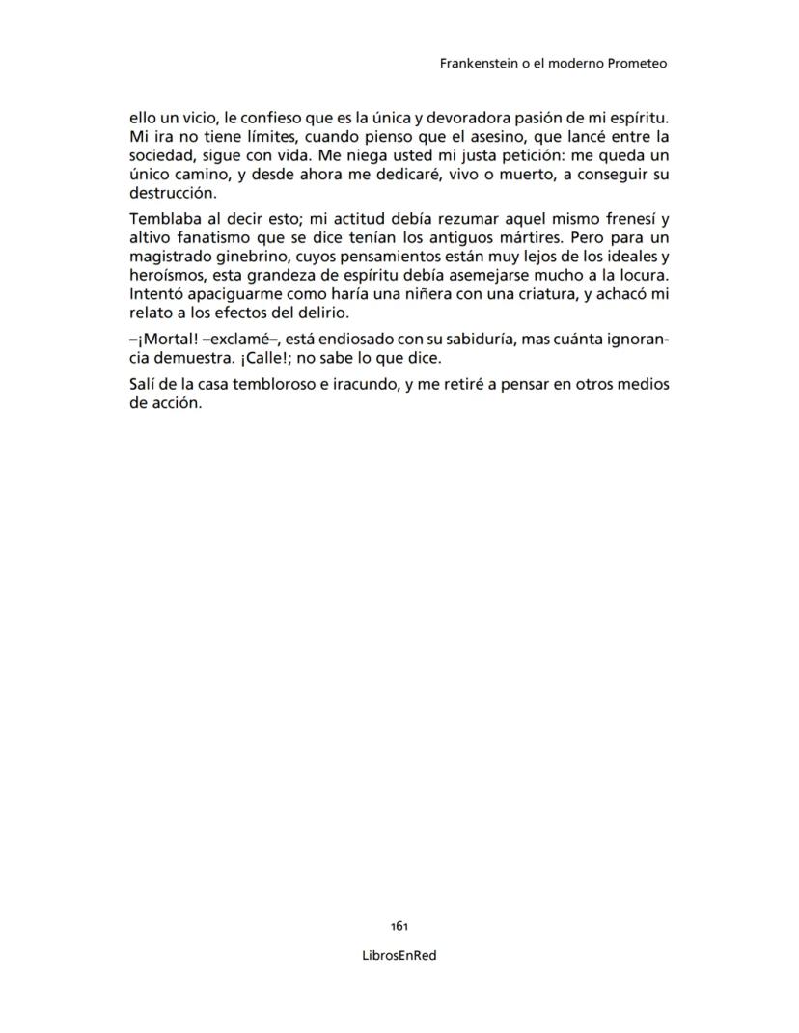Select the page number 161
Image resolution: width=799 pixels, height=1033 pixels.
[399, 925]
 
